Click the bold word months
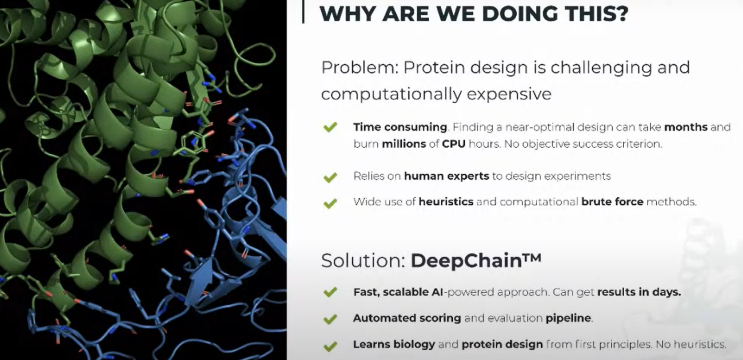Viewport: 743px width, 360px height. [686, 127]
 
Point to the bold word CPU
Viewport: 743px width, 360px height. [454, 144]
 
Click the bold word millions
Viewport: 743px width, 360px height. [404, 144]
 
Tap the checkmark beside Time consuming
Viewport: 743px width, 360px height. [330, 127]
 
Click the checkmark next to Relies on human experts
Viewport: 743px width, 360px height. [330, 177]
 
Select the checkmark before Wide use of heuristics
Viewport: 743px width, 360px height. [330, 203]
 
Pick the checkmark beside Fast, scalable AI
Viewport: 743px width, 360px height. [330, 292]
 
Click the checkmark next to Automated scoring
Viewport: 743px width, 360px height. [330, 319]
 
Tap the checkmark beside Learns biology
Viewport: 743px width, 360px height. [330, 346]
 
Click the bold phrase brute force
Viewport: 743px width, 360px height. [612, 202]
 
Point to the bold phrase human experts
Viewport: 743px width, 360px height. [446, 176]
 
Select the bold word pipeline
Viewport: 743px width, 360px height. [569, 318]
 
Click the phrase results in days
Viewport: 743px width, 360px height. [639, 292]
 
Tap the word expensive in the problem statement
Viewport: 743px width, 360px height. [509, 94]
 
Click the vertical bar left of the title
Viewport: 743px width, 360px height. [303, 11]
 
